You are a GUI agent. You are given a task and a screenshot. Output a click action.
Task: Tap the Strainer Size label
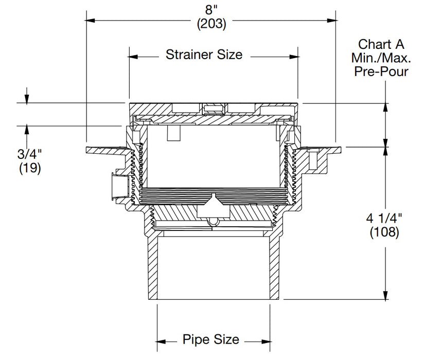[204, 55]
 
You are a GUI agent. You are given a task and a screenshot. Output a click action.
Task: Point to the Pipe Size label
[210, 339]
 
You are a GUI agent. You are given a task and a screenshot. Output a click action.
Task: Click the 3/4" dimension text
[30, 154]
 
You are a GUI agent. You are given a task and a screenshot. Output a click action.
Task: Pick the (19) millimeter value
[30, 168]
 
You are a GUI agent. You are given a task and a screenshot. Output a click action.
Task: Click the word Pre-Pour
[381, 71]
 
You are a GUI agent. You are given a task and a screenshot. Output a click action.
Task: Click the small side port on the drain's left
[116, 186]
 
